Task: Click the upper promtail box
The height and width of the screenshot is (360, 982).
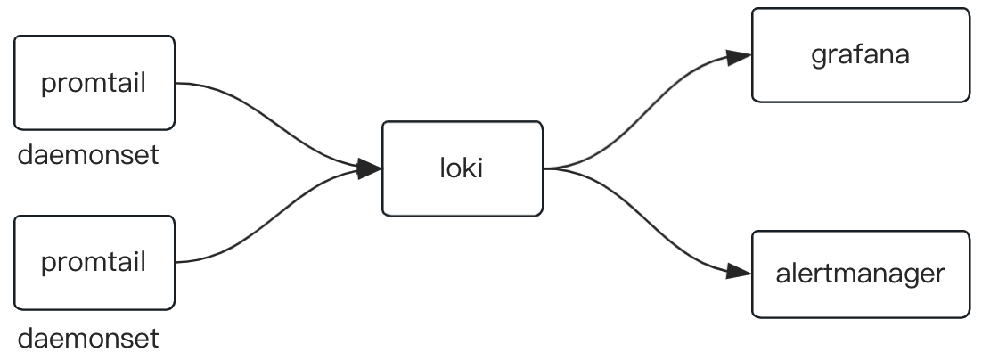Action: [x=94, y=83]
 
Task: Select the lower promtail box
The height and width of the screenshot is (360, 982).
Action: [x=94, y=262]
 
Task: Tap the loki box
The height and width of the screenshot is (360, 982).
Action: [x=462, y=168]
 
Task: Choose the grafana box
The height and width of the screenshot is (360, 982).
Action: [x=860, y=55]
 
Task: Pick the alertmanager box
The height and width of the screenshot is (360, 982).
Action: [x=860, y=274]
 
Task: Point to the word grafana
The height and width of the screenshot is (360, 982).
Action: [x=860, y=55]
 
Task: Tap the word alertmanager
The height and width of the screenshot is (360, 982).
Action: [x=860, y=274]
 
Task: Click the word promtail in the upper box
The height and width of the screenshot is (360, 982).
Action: [x=94, y=85]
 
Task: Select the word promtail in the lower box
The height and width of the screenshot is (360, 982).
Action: [x=94, y=264]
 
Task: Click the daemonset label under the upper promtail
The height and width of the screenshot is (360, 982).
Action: [x=88, y=156]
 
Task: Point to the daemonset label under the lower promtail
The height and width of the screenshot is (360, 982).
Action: [x=88, y=339]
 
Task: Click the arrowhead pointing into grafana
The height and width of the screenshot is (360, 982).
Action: [x=740, y=57]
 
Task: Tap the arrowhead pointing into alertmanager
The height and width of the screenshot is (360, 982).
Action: [x=740, y=271]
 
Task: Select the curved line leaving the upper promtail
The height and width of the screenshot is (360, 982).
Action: [x=267, y=116]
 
